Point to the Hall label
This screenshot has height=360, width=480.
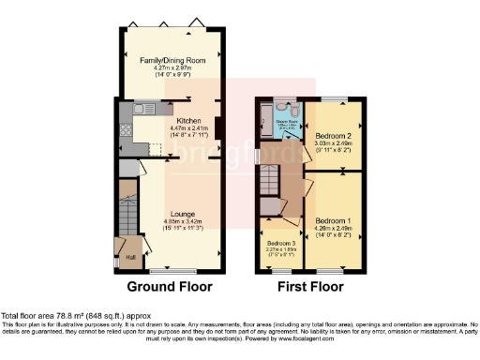click(131, 258)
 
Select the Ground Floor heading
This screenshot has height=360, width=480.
click(170, 286)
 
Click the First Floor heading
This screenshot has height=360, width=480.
click(308, 286)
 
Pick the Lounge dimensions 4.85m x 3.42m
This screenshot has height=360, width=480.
click(183, 221)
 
